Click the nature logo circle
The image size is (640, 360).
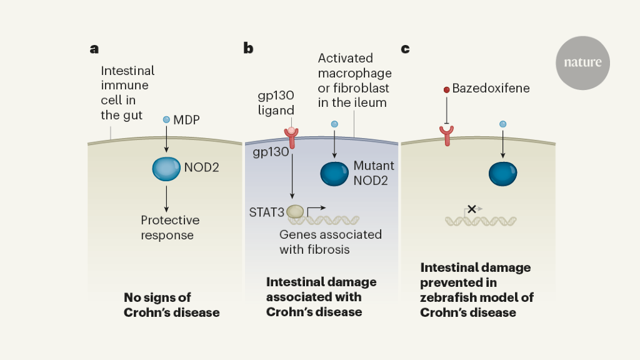coord(582,62)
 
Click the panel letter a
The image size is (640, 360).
coord(94,48)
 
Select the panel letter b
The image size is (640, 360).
coord(248,48)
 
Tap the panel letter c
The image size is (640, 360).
coord(405,48)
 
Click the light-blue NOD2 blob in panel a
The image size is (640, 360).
coord(166,168)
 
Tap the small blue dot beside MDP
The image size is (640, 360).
coord(166,119)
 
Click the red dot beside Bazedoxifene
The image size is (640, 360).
coord(446,90)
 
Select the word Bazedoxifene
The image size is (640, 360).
coord(491,88)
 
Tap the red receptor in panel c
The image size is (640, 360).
coord(446,134)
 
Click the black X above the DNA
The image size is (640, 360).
coord(472,209)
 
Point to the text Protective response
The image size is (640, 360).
coord(169,227)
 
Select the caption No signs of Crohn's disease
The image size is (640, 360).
coord(171,304)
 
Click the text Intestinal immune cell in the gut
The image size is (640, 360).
coord(127,93)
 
